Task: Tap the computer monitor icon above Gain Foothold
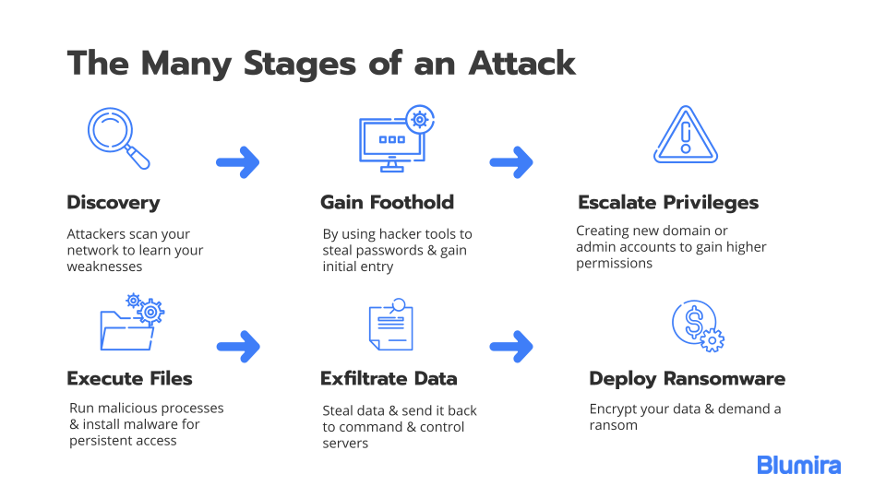397,139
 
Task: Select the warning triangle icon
686,135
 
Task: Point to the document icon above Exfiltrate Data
391,325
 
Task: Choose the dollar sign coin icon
698,326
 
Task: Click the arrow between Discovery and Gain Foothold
238,162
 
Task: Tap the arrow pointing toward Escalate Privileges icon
511,162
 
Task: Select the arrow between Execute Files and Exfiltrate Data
238,346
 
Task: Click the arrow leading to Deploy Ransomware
511,346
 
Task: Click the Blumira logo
799,465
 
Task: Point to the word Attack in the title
522,63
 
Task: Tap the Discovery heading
114,203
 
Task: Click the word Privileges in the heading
711,203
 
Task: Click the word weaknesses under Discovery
104,267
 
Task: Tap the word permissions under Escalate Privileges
615,264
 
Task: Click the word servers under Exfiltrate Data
345,444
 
